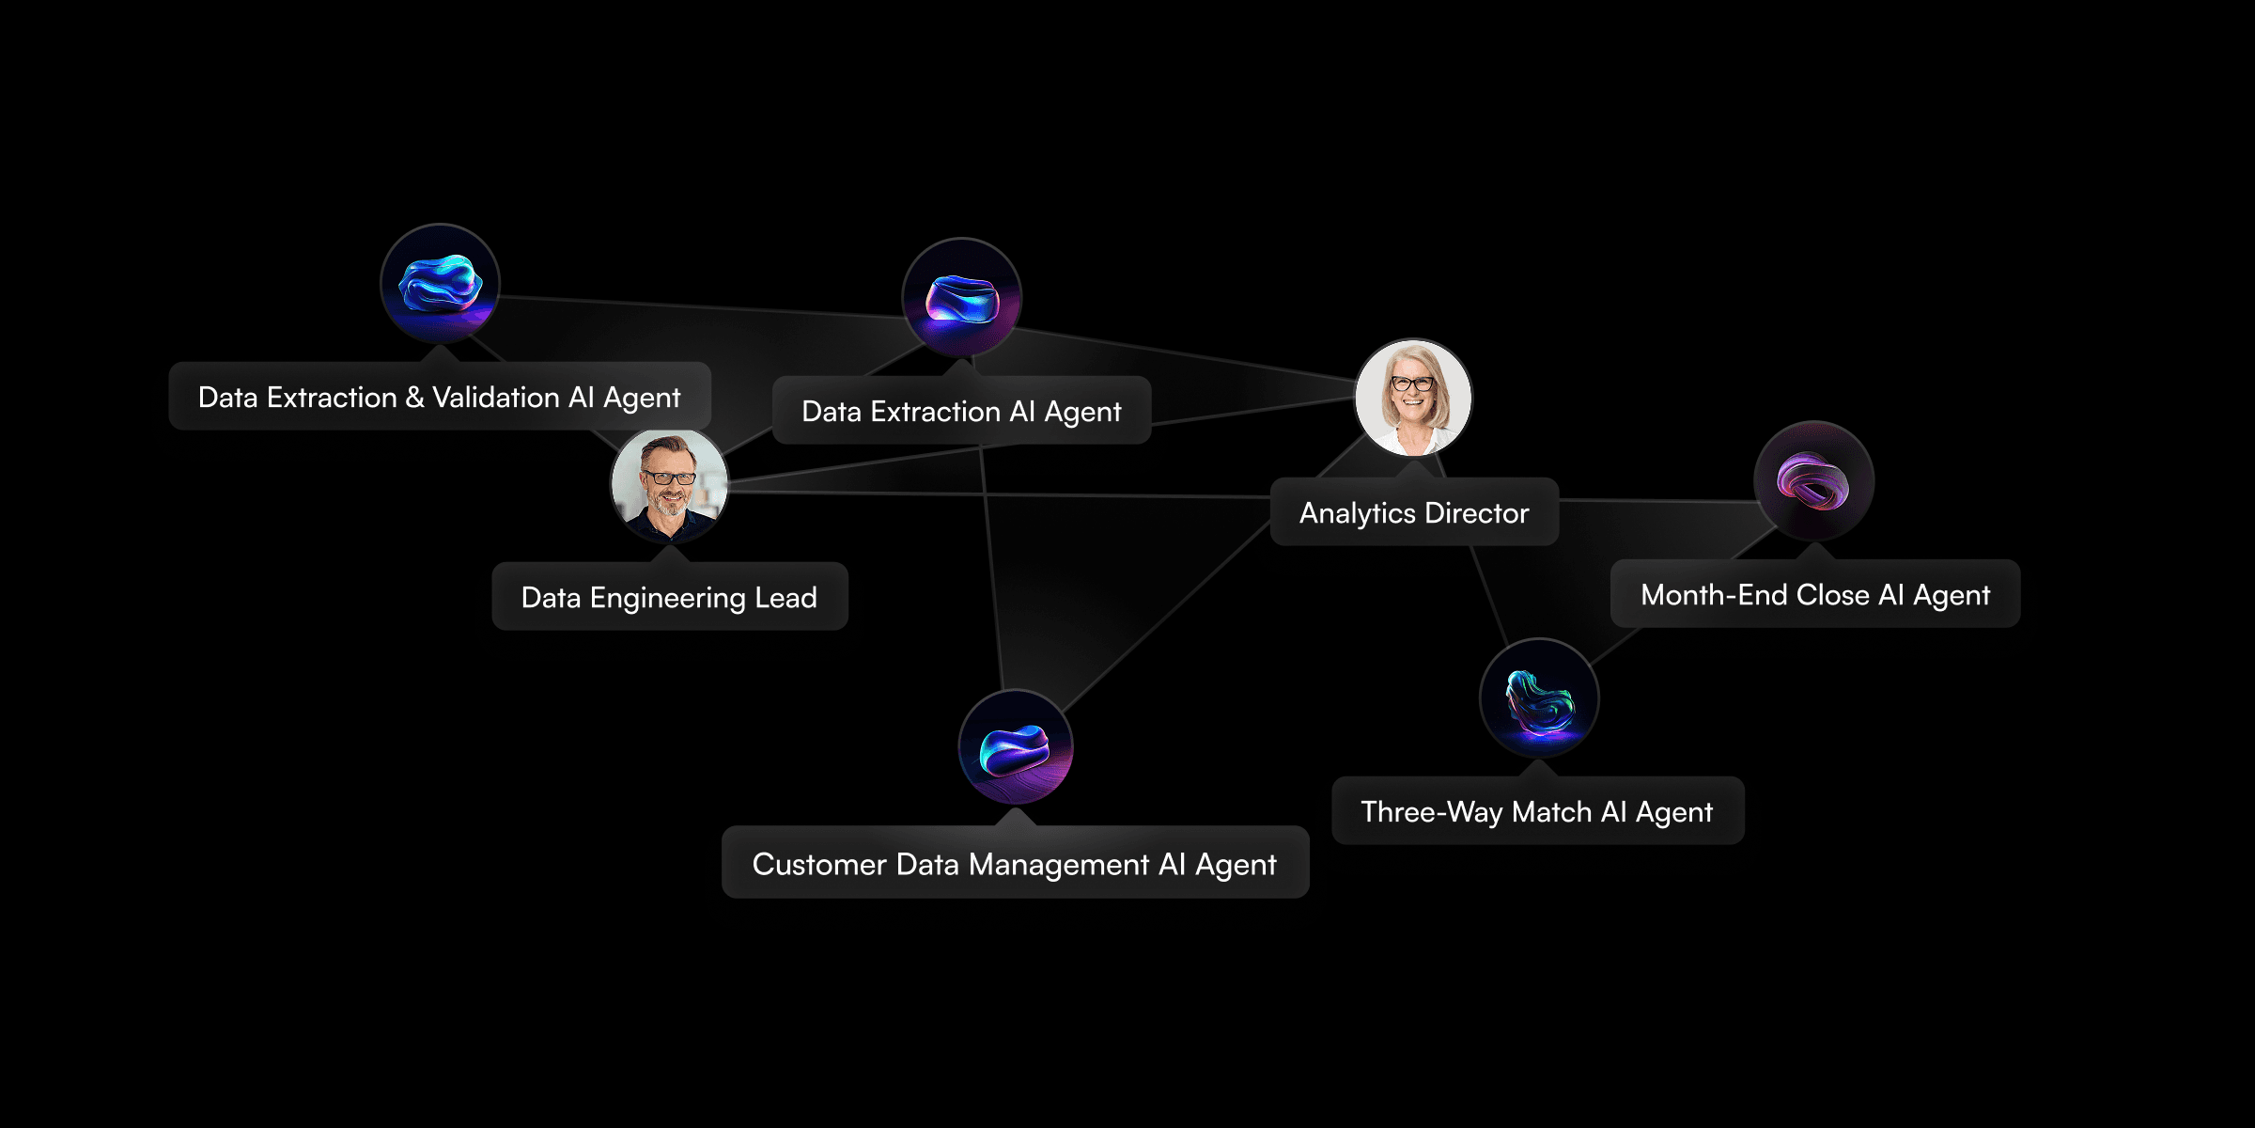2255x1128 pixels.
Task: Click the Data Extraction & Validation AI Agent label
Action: click(x=439, y=398)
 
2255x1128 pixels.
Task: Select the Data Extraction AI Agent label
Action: click(x=961, y=412)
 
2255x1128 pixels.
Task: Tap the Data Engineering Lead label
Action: click(x=669, y=598)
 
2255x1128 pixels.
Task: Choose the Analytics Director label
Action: click(x=1414, y=513)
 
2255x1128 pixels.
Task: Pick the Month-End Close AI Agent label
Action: click(x=1814, y=595)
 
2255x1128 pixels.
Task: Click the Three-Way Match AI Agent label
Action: click(x=1537, y=812)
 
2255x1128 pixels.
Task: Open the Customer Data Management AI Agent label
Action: click(x=1015, y=865)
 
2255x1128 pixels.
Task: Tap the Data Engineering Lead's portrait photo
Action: click(x=669, y=486)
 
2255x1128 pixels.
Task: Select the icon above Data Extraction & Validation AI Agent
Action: click(x=440, y=284)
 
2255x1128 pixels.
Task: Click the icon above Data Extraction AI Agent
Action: click(x=961, y=298)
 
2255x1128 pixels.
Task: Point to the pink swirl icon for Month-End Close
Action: click(x=1813, y=481)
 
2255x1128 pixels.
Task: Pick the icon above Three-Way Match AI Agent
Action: click(x=1539, y=699)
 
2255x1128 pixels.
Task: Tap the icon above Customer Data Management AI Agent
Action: click(x=1015, y=748)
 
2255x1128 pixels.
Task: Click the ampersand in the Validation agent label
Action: click(x=414, y=398)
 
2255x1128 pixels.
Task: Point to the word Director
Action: click(x=1477, y=513)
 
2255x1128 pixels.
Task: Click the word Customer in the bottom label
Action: click(x=819, y=865)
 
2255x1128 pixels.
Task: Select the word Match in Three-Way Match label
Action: click(x=1551, y=812)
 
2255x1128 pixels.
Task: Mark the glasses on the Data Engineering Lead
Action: click(x=669, y=478)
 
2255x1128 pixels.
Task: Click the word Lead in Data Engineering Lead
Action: click(x=786, y=598)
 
